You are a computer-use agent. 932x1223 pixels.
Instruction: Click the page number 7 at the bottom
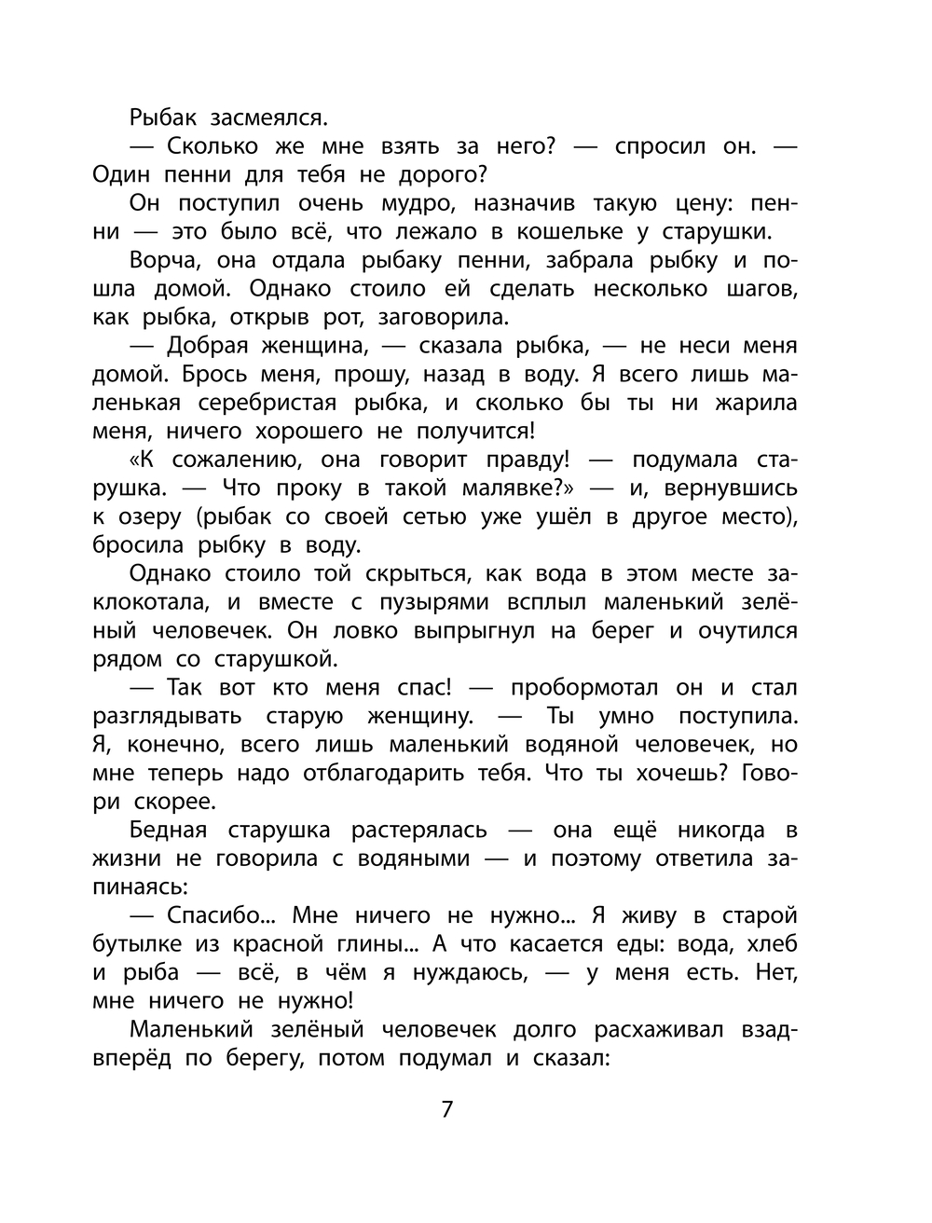446,1110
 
